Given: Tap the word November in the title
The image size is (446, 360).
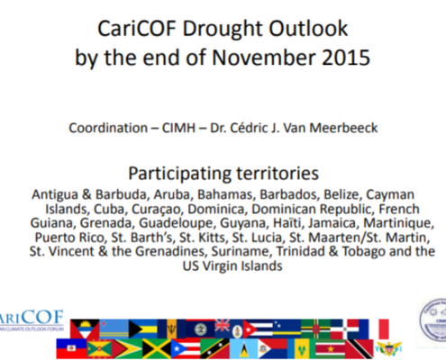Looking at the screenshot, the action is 264,58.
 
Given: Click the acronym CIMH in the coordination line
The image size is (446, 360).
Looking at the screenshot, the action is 178,128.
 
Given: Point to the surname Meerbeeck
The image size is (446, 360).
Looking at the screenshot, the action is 343,128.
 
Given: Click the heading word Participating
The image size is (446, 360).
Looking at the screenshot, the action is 180,174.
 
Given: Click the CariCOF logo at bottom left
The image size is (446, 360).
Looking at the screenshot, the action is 32,320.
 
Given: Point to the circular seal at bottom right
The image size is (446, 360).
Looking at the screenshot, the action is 432,320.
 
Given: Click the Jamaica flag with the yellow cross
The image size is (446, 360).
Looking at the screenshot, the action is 157,348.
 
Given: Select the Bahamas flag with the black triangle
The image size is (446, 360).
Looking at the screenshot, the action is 143,328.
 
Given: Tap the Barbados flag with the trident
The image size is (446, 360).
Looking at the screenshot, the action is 171,328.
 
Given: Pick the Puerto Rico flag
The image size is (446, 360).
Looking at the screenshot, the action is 186,348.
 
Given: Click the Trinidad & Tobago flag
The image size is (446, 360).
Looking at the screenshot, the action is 360,348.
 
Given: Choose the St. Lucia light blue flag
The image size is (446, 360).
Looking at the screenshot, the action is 243,348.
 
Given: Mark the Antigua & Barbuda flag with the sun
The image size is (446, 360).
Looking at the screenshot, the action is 85,328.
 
